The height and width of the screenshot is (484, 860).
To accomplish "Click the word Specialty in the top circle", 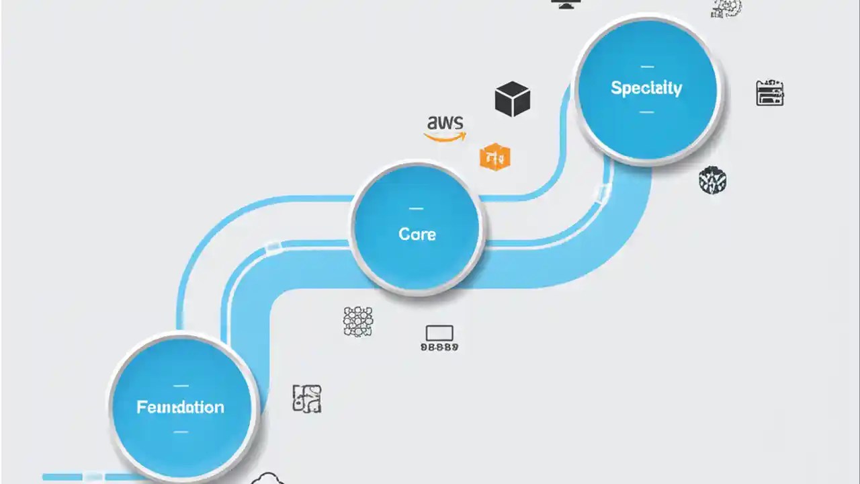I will click(x=646, y=88).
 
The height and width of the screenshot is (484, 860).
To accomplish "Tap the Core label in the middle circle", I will click(x=417, y=234).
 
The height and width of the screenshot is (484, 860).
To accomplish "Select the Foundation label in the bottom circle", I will click(x=180, y=407).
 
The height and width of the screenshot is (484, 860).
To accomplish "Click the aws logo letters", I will click(x=445, y=122).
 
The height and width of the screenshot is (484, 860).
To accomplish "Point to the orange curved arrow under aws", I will click(x=445, y=137).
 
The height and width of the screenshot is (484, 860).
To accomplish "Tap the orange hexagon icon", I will click(x=495, y=157).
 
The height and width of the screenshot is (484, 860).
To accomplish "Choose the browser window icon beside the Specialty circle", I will click(x=770, y=93).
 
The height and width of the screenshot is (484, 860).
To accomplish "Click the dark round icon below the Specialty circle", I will click(x=712, y=180).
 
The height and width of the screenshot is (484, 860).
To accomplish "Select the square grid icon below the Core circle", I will click(x=357, y=321).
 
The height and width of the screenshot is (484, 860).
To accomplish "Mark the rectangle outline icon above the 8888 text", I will click(x=439, y=333).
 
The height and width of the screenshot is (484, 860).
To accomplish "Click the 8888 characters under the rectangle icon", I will click(x=439, y=348).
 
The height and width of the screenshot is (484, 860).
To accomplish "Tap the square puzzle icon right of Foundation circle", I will click(x=306, y=398).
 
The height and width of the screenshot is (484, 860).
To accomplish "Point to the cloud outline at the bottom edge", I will click(x=268, y=479).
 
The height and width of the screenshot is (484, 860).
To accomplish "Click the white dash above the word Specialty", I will click(x=647, y=67).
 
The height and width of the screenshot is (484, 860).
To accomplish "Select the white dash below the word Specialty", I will click(x=646, y=112).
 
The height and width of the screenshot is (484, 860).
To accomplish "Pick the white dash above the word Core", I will click(x=416, y=208).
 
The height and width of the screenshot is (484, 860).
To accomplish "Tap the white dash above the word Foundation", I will click(x=181, y=385).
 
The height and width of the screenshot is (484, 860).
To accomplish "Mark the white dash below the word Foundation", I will click(x=181, y=431).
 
